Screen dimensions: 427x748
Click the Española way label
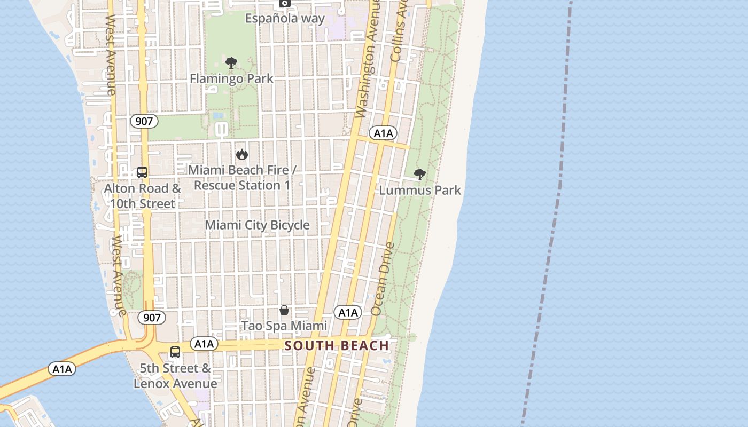[x=285, y=18]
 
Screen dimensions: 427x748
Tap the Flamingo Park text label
[x=231, y=78]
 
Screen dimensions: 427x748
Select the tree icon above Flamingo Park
[x=231, y=64]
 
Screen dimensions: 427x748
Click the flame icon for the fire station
[x=242, y=155]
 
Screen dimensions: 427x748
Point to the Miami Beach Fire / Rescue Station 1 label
[x=242, y=178]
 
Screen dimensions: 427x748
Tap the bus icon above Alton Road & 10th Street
[x=142, y=172]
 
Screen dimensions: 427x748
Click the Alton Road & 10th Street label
[x=142, y=196]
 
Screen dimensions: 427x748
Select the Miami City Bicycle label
[x=257, y=225]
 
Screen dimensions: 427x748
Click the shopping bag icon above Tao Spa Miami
[x=284, y=311]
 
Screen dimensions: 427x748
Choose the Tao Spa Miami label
[x=284, y=326]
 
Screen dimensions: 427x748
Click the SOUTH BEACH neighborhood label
[x=337, y=345]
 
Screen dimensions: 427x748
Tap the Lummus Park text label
[x=420, y=190]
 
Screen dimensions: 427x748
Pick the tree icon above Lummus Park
[x=420, y=175]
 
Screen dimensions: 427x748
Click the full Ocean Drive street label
[x=383, y=279]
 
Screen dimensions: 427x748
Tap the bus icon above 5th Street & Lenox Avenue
[x=175, y=352]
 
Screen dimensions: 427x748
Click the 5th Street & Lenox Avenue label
[x=175, y=376]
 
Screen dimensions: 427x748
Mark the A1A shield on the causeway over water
[x=62, y=369]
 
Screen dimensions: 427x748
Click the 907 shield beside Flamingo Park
[x=144, y=121]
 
